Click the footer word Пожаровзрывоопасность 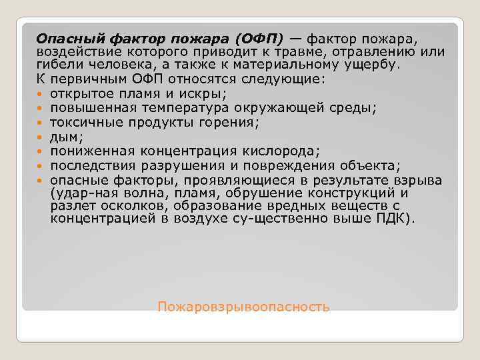[243, 307]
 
